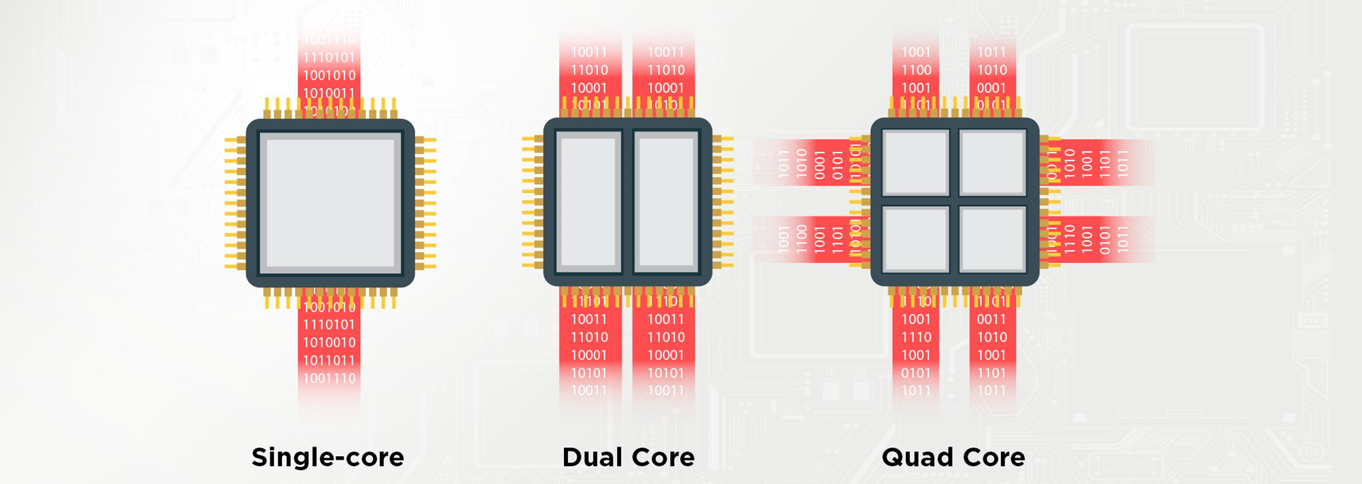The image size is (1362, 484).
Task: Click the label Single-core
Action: pyautogui.click(x=328, y=457)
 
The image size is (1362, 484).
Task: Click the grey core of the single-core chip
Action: pyautogui.click(x=330, y=203)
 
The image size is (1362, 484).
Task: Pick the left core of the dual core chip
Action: pyautogui.click(x=589, y=202)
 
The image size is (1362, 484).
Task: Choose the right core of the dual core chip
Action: pyautogui.click(x=666, y=202)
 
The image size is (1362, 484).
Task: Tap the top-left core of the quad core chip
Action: pyautogui.click(x=916, y=163)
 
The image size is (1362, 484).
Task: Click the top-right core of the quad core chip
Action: pyautogui.click(x=992, y=163)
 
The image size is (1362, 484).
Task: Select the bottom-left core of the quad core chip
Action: pyautogui.click(x=916, y=240)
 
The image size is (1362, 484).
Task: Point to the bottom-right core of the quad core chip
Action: pyautogui.click(x=992, y=240)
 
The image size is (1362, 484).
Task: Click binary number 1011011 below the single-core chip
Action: pyautogui.click(x=330, y=360)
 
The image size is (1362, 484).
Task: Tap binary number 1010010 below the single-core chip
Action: pyautogui.click(x=330, y=342)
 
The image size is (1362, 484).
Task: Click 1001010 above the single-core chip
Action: pyautogui.click(x=330, y=76)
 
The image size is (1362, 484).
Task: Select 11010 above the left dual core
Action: pyautogui.click(x=589, y=70)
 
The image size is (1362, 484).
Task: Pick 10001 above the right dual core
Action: pyautogui.click(x=665, y=88)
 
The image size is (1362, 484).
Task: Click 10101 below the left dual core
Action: pyautogui.click(x=589, y=373)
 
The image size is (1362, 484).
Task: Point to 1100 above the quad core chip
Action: pyautogui.click(x=916, y=70)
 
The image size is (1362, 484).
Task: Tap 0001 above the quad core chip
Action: pyautogui.click(x=992, y=88)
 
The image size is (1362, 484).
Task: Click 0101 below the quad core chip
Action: pyautogui.click(x=916, y=373)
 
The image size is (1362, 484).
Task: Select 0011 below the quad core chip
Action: pyautogui.click(x=992, y=319)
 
